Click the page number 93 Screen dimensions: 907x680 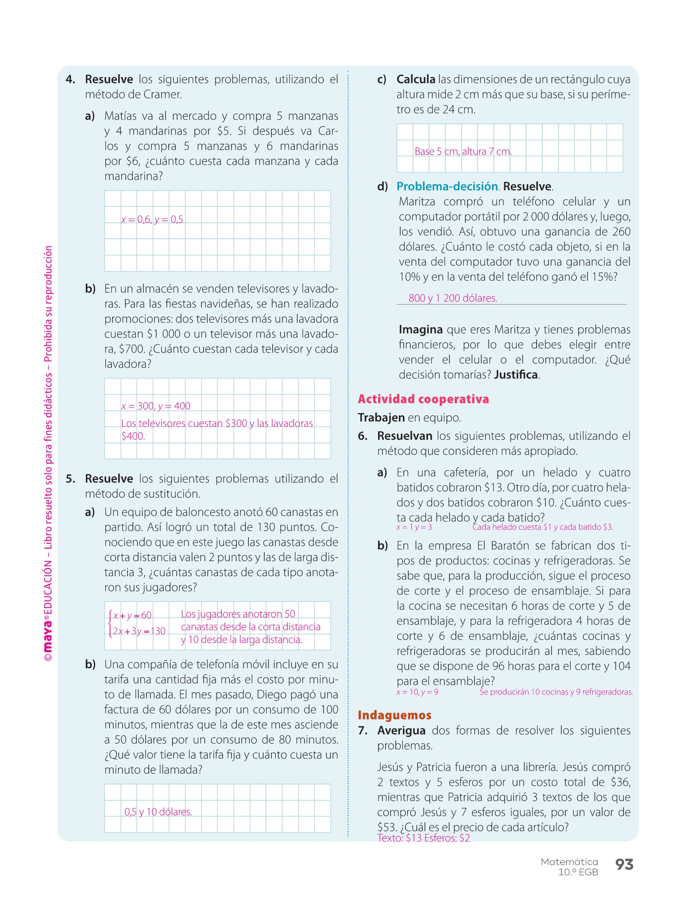pyautogui.click(x=624, y=864)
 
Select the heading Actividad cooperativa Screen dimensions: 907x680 pyautogui.click(x=423, y=399)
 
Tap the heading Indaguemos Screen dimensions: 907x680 pyautogui.click(x=394, y=715)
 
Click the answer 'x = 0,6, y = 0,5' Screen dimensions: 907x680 pyautogui.click(x=152, y=219)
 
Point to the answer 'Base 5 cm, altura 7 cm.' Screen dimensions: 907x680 pyautogui.click(x=463, y=151)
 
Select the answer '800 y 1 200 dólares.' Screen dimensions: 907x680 pyautogui.click(x=453, y=298)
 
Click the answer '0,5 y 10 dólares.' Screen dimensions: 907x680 pyautogui.click(x=158, y=812)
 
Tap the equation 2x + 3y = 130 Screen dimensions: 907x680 pyautogui.click(x=139, y=631)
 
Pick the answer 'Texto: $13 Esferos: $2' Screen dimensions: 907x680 pyautogui.click(x=424, y=838)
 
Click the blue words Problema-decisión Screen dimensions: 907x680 pyautogui.click(x=447, y=186)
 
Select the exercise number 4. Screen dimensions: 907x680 pyautogui.click(x=70, y=80)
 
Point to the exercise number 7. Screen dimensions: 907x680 pyautogui.click(x=363, y=731)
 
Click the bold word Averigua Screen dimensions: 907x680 pyautogui.click(x=401, y=731)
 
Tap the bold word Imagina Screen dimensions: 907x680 pyautogui.click(x=421, y=330)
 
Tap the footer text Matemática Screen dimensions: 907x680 pyautogui.click(x=569, y=862)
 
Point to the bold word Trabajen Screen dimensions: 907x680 pyautogui.click(x=381, y=418)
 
